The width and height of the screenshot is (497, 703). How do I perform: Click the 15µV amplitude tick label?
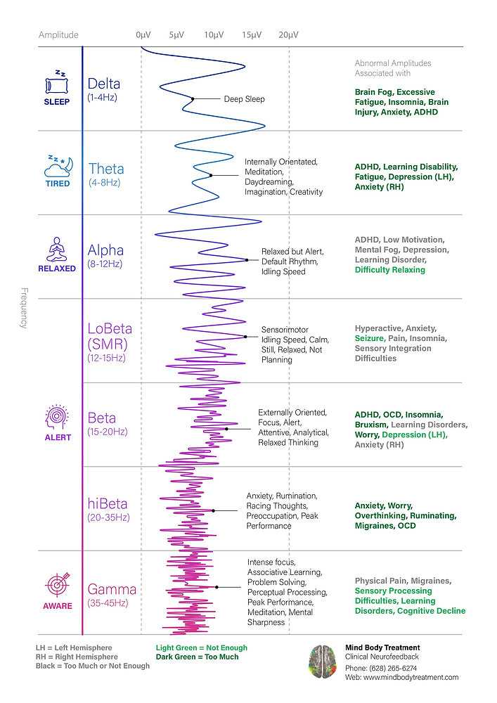[251, 34]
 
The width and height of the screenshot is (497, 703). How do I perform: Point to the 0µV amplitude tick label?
[143, 34]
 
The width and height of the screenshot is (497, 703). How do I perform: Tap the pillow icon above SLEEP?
[57, 84]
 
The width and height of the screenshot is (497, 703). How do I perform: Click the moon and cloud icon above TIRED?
[57, 166]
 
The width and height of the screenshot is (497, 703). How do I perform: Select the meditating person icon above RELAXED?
[57, 249]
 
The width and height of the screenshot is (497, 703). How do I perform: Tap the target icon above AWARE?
[57, 584]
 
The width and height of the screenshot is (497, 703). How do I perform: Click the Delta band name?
[103, 84]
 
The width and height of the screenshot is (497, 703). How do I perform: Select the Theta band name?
[106, 169]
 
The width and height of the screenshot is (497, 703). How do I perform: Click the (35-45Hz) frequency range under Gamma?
[107, 603]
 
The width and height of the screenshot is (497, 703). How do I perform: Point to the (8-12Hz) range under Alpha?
[105, 264]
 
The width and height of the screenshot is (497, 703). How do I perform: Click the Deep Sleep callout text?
[244, 99]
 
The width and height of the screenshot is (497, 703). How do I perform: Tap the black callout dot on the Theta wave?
[210, 175]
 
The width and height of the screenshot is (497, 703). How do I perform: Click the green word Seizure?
[369, 338]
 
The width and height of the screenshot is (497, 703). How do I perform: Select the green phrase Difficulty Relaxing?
[389, 270]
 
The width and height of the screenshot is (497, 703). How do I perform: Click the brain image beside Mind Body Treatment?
[323, 662]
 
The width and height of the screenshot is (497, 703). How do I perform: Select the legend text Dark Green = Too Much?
[196, 657]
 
